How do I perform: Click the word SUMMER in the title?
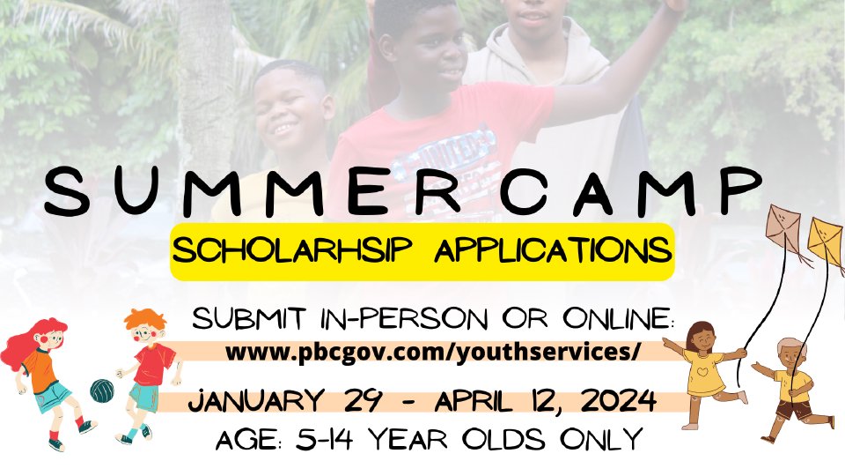[x=253, y=190]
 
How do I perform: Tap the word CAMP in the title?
[x=630, y=190]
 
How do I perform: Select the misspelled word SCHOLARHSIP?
[x=292, y=251]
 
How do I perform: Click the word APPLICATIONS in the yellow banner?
[x=553, y=250]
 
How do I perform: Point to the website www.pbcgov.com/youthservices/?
[x=433, y=353]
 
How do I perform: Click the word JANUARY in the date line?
[x=256, y=401]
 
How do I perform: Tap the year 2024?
[x=619, y=401]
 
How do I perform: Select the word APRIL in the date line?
[x=474, y=401]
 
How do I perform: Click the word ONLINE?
[x=618, y=318]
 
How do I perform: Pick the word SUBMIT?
[x=249, y=318]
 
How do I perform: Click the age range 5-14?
[x=325, y=439]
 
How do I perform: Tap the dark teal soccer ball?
[x=102, y=390]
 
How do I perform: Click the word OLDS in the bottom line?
[x=503, y=439]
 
